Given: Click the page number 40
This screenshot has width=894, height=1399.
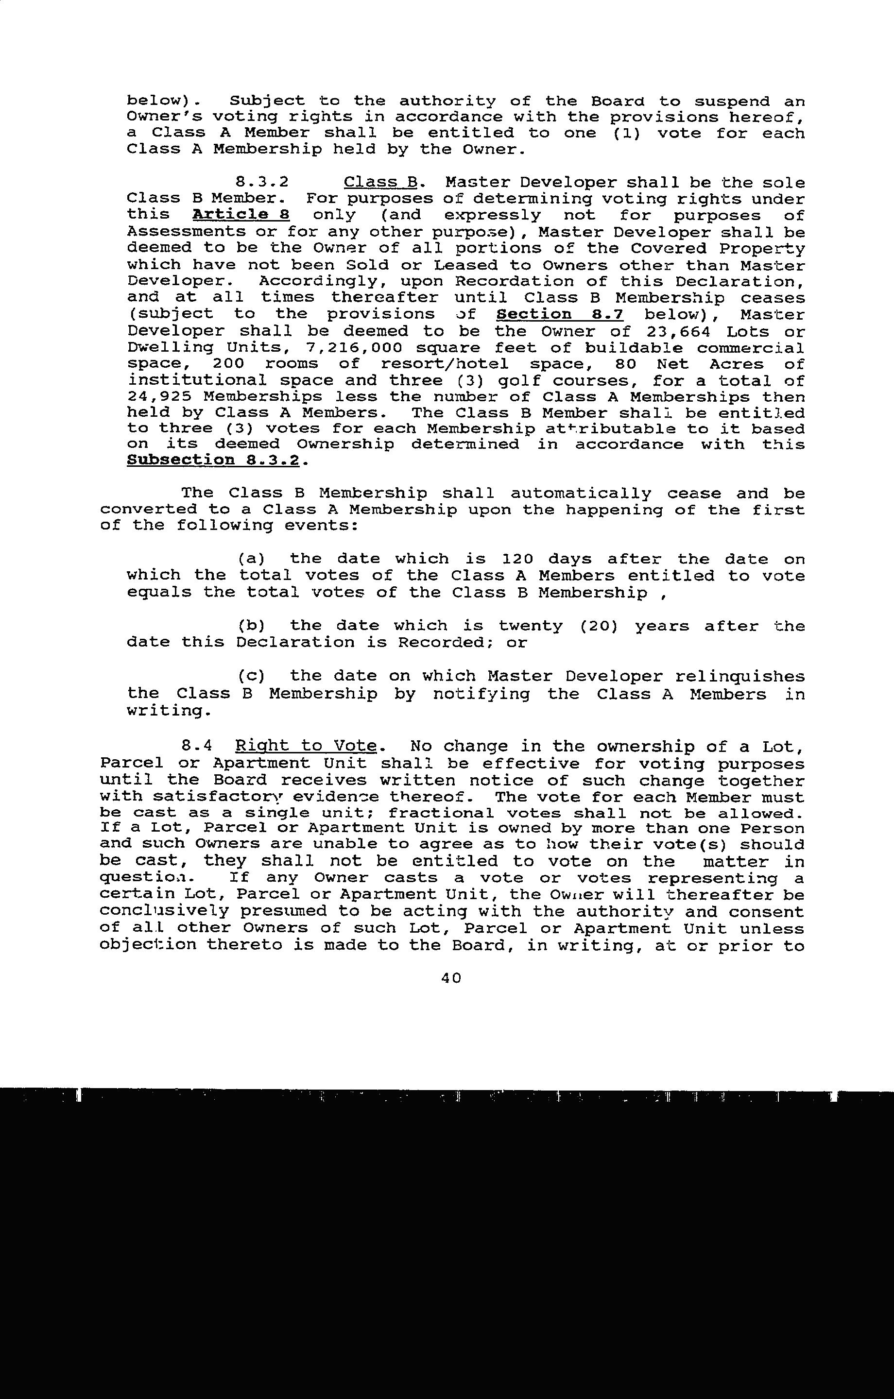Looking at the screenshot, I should (x=451, y=978).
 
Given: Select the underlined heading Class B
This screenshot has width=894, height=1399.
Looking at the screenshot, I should (x=381, y=183).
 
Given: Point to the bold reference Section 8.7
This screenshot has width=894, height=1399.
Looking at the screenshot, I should (x=560, y=314).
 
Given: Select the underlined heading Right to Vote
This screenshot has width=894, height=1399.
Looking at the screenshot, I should (x=306, y=746).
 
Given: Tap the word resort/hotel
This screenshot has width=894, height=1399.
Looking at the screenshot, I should (x=444, y=364).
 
